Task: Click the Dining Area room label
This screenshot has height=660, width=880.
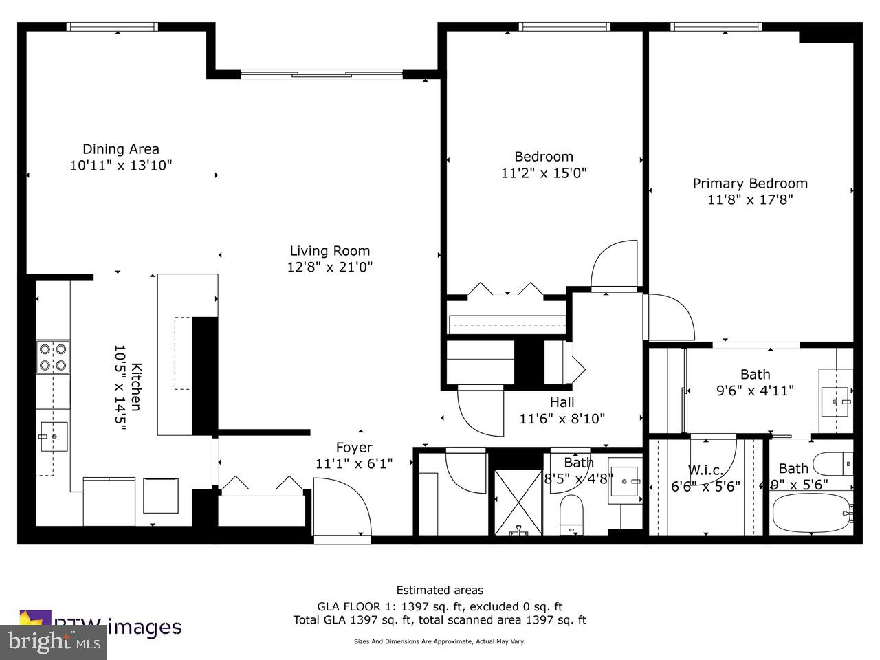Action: click(121, 149)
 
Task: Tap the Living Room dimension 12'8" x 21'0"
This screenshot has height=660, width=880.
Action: click(329, 267)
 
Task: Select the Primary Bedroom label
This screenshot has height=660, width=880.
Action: click(750, 184)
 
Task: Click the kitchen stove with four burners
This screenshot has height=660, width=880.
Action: click(53, 357)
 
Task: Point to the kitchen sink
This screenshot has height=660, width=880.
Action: click(52, 437)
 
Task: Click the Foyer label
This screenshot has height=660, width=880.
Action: click(353, 448)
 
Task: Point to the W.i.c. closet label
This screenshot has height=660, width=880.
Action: click(705, 470)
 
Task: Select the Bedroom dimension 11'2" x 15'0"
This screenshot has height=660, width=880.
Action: click(544, 173)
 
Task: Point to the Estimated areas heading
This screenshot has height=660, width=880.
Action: click(439, 590)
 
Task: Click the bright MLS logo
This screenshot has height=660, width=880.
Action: click(53, 642)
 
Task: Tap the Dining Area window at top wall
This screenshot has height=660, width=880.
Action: click(113, 27)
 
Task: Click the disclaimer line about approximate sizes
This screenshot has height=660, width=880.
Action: click(439, 641)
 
